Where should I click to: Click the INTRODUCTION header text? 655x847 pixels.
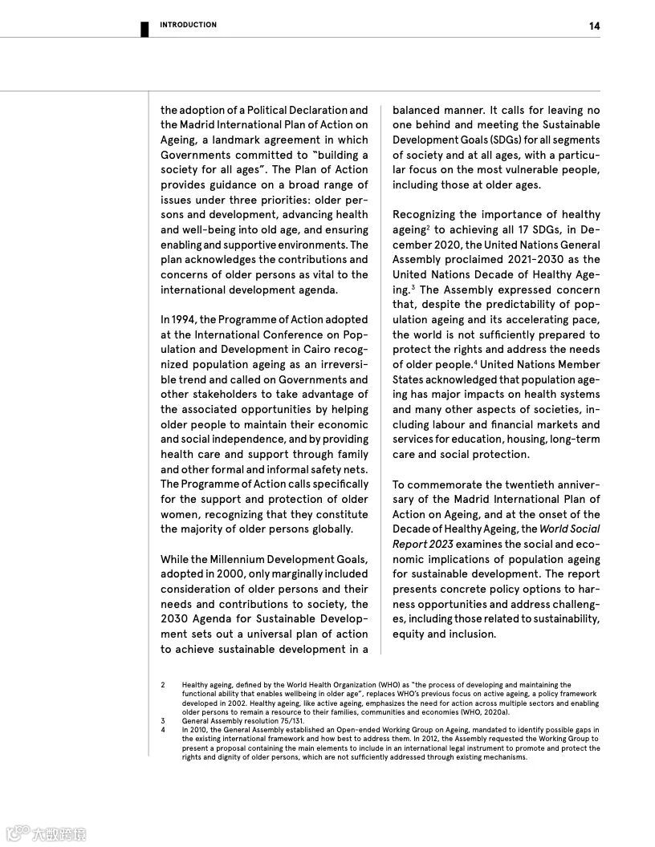point(188,25)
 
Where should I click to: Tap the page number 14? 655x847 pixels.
point(594,26)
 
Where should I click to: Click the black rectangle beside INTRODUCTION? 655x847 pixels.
point(145,29)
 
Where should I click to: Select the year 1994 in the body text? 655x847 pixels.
point(183,319)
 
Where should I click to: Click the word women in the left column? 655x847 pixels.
point(179,514)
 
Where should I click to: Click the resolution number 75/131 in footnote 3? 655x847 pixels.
point(292,721)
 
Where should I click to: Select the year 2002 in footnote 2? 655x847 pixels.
point(237,703)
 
